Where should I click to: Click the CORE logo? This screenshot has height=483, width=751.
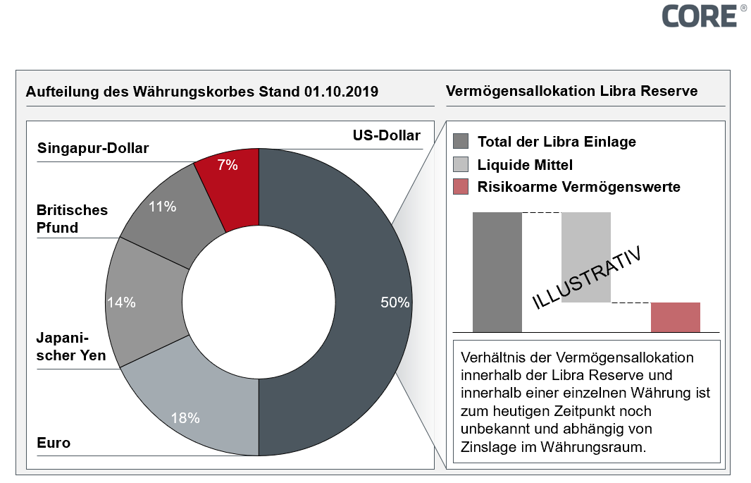[700, 16]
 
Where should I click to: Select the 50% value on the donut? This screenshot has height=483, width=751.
[395, 302]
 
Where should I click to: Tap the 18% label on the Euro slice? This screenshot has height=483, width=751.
[185, 417]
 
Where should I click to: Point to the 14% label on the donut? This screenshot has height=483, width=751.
[121, 302]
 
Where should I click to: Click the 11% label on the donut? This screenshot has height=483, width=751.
[161, 207]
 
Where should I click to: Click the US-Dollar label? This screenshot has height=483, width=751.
[386, 136]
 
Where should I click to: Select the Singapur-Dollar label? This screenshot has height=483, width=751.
[93, 148]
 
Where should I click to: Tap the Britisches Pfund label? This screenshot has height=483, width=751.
[72, 219]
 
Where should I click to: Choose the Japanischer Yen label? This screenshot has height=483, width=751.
[71, 346]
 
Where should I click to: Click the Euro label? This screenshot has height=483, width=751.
[54, 443]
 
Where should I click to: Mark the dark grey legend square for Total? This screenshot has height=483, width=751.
[461, 141]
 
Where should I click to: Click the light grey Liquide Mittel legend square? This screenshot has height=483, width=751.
[461, 164]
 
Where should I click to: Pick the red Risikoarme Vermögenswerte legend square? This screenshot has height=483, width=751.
[461, 187]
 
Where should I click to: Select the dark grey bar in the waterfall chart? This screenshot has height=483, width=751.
[497, 271]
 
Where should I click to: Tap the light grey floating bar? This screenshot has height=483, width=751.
[585, 257]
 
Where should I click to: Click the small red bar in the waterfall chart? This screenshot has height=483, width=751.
[675, 317]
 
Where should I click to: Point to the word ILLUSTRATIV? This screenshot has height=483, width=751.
[587, 278]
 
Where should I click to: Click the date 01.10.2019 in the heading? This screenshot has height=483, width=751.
[342, 92]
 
